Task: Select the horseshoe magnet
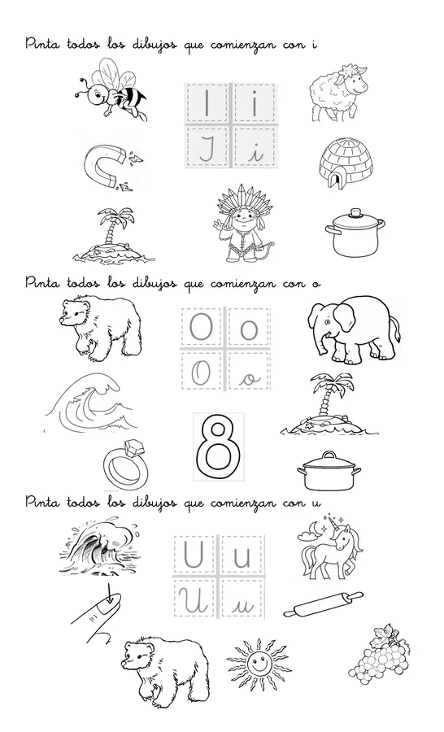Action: (x=107, y=167)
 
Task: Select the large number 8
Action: (x=219, y=447)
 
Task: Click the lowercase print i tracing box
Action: (x=254, y=104)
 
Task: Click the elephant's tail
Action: (x=398, y=329)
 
